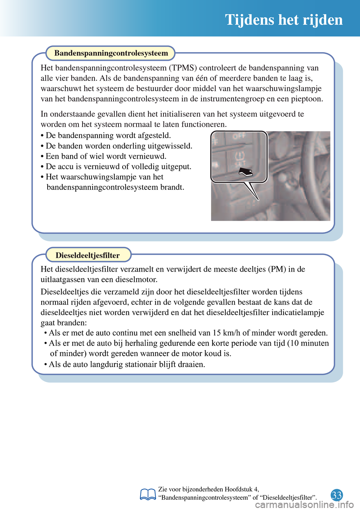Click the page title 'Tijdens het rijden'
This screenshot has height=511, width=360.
[x=284, y=20]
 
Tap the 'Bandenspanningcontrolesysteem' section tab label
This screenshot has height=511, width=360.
[x=111, y=53]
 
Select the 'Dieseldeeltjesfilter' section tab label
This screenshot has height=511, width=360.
[x=88, y=255]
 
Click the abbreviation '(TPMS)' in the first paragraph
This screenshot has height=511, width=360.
[x=183, y=68]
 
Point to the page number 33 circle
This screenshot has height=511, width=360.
[x=337, y=495]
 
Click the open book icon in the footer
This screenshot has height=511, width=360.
[x=148, y=494]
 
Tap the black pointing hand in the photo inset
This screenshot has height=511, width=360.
[x=246, y=172]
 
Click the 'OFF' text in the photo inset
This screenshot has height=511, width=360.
[x=239, y=136]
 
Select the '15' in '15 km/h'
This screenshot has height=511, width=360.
[x=217, y=333]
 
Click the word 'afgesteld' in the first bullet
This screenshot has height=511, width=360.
[x=153, y=135]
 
